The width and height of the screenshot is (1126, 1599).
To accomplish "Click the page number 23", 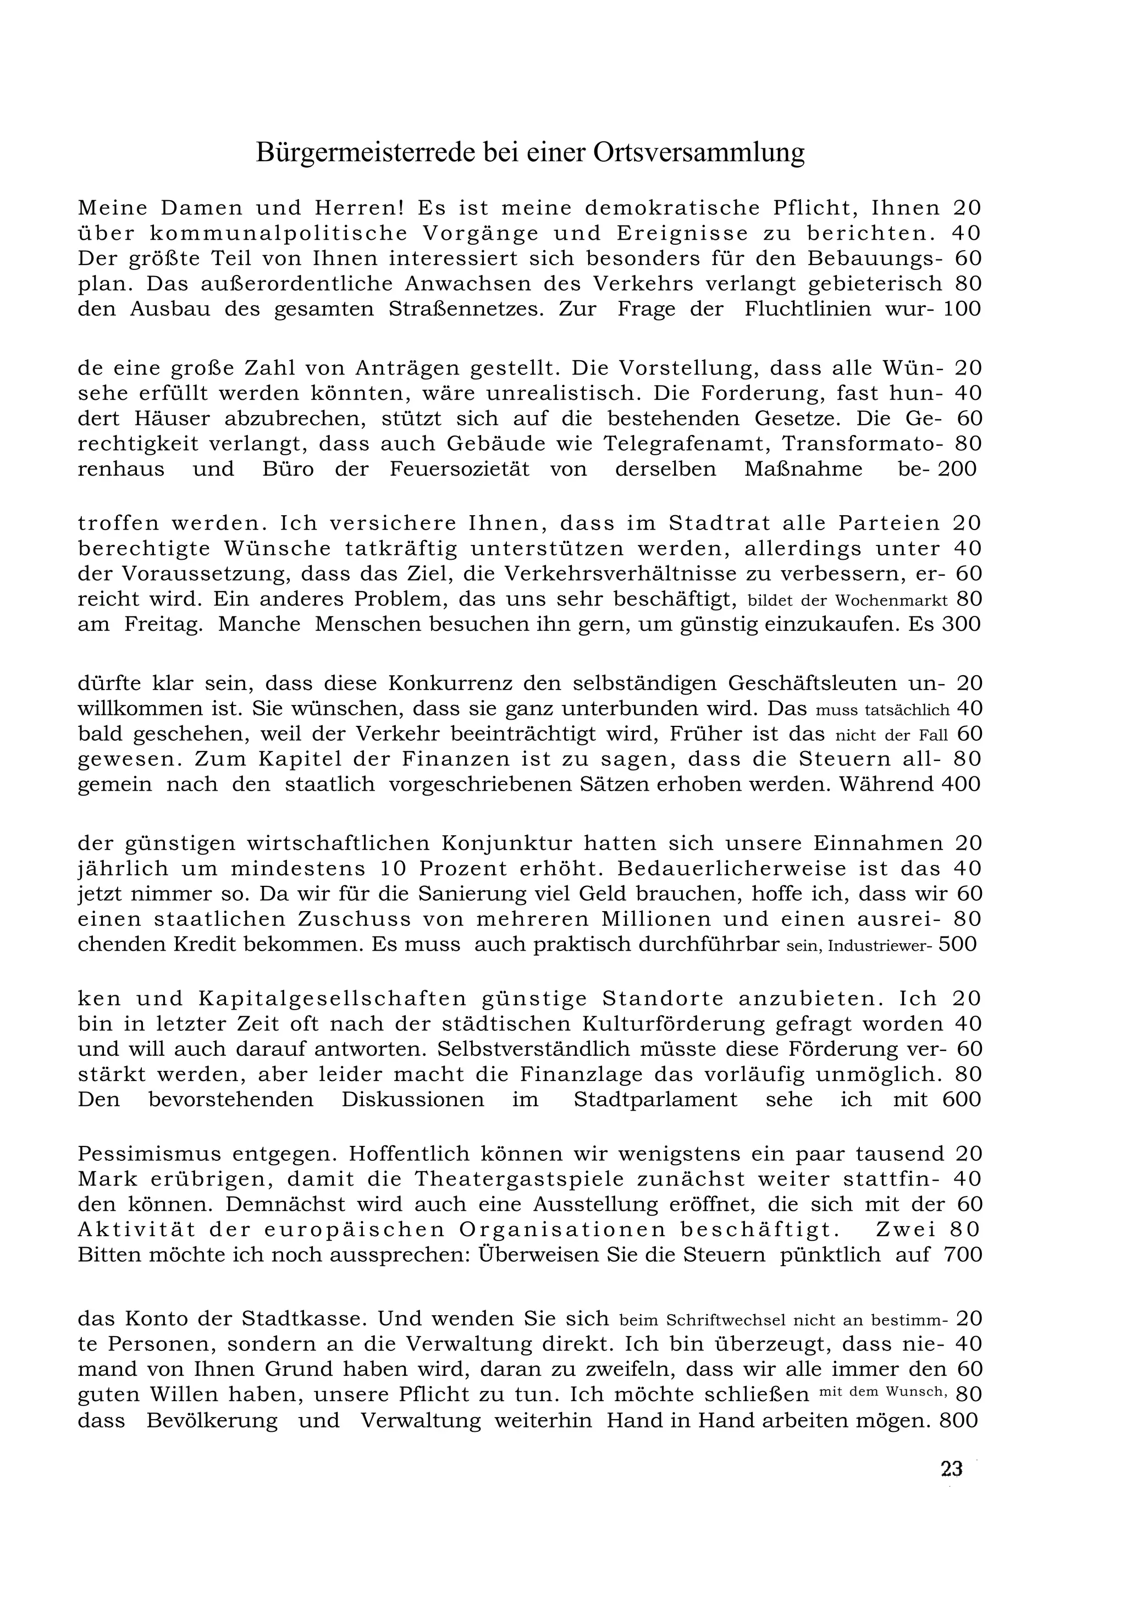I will click(951, 1469).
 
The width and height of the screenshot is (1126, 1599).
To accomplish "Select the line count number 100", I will click(962, 309).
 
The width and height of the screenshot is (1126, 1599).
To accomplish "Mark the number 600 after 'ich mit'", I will click(961, 1100).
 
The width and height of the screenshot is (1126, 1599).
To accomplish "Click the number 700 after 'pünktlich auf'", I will click(962, 1255).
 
